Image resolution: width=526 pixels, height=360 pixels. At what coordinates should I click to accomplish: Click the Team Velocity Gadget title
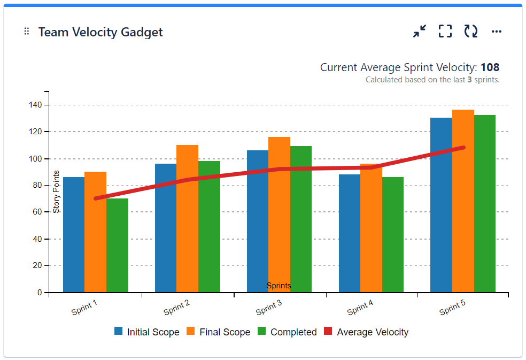pos(100,32)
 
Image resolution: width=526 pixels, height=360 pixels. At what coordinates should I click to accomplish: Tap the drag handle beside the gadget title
pos(27,32)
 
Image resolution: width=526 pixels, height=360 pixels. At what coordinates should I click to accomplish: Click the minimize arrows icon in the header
pos(420,32)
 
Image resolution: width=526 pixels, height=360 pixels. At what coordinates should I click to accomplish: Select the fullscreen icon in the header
pos(445,32)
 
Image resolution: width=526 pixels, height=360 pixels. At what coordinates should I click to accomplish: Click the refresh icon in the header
pos(470,32)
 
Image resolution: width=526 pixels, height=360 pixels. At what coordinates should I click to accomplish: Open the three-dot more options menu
pos(497,32)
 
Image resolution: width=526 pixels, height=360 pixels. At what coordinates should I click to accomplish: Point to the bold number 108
pos(490,67)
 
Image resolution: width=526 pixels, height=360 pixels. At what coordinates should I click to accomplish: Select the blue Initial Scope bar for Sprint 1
pos(74,235)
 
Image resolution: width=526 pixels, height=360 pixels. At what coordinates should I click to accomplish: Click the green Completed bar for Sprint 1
pos(117,246)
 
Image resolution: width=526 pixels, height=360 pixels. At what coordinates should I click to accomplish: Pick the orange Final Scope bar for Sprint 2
pos(187,219)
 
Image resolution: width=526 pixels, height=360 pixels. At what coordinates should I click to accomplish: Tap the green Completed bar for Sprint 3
pos(301,219)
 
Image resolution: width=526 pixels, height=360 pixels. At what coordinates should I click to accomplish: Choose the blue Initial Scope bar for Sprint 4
pos(350,235)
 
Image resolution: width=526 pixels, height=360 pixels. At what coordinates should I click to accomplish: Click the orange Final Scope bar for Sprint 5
pos(463,203)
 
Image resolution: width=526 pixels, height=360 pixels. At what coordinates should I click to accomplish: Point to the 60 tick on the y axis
pos(37,212)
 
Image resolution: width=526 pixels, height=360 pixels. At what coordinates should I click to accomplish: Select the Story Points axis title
pos(57,192)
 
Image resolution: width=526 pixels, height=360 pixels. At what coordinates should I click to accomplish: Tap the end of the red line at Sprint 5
pos(463,148)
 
